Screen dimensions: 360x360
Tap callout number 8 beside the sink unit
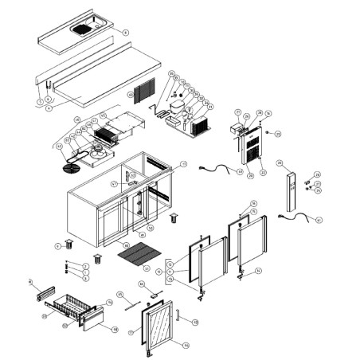point(125,33)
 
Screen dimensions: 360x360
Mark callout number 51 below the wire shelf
point(147,270)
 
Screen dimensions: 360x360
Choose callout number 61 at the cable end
point(319,219)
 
